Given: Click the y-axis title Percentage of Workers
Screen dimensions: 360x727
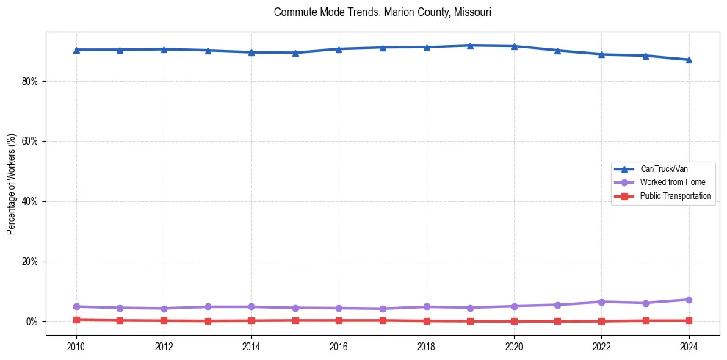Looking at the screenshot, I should pyautogui.click(x=12, y=184).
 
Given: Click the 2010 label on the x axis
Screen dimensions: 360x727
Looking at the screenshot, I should pyautogui.click(x=76, y=346).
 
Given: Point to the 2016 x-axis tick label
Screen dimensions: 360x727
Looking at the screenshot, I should pyautogui.click(x=339, y=346).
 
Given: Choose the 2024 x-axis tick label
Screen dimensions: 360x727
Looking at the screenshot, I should pyautogui.click(x=689, y=346).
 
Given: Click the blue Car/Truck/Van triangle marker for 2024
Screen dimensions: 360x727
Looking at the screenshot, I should pyautogui.click(x=689, y=60).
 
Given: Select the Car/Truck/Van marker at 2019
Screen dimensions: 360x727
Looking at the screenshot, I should pyautogui.click(x=470, y=46).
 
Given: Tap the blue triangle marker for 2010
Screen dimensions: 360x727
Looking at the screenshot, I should pyautogui.click(x=76, y=50).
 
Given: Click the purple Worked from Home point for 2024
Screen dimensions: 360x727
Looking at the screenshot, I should pyautogui.click(x=689, y=300).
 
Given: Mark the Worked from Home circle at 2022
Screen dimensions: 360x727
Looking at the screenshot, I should pyautogui.click(x=601, y=302).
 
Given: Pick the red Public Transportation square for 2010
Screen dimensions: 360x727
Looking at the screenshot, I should pyautogui.click(x=76, y=320).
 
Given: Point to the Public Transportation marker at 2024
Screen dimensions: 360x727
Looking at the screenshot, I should pyautogui.click(x=689, y=320).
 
